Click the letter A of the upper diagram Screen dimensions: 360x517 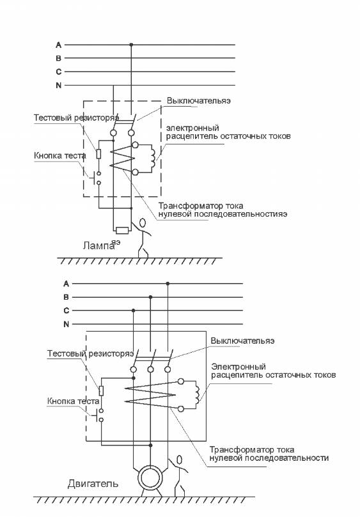point(59,45)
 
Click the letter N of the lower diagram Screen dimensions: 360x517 point(67,324)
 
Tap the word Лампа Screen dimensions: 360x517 point(98,245)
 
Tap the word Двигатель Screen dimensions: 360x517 point(93,484)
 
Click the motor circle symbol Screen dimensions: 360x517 point(150,478)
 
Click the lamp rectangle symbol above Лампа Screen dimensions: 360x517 point(122,230)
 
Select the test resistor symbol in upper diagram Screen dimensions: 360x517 point(98,154)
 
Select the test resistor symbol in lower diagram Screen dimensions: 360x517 point(101,390)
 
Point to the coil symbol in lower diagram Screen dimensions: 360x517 point(198,394)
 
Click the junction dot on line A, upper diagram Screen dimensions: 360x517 point(131,45)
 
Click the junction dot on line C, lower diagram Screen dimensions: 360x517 point(133,311)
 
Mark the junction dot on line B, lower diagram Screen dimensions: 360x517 point(150,297)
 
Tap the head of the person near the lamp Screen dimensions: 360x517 point(142,223)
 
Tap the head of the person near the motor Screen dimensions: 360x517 point(180,459)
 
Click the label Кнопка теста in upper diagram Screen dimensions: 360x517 point(60,156)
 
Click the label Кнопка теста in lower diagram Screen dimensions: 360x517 point(73,401)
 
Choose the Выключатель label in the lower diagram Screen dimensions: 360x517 point(242,341)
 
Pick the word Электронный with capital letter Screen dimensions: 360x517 point(239,366)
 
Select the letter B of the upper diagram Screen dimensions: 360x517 point(59,58)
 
